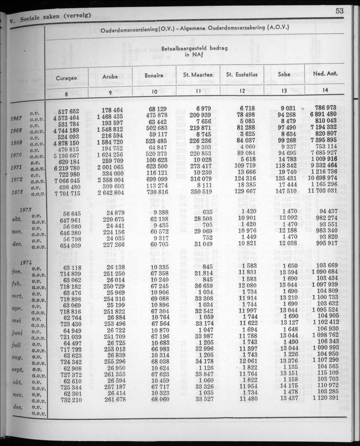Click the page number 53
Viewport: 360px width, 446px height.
(339, 11)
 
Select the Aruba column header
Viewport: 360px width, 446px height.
(110, 76)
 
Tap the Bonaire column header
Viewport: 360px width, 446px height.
(154, 76)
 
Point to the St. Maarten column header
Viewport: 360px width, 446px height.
(198, 75)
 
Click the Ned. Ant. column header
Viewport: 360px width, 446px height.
(325, 74)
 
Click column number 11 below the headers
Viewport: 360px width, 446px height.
(198, 91)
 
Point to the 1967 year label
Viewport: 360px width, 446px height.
(16, 118)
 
